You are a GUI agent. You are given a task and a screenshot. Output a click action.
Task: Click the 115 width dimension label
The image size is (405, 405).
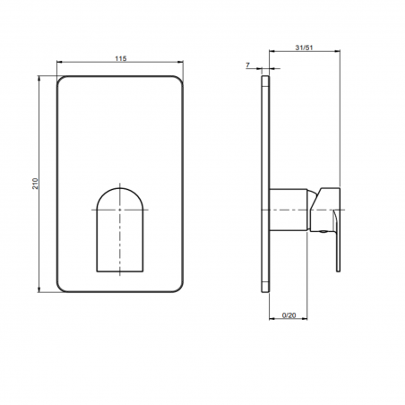pos(121,58)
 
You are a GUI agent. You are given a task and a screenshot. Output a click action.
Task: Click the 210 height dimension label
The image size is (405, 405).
pos(35,184)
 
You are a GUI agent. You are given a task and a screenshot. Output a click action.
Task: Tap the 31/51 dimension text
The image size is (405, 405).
pos(304,47)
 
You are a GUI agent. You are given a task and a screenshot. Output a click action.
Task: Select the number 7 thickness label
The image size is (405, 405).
pos(247,65)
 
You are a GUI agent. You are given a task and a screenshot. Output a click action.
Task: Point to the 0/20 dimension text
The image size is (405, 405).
pos(289,315)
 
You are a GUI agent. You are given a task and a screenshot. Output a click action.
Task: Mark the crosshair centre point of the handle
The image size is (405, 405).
pos(120,210)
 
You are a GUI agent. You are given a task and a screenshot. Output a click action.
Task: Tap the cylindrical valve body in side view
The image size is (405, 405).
pos(289,210)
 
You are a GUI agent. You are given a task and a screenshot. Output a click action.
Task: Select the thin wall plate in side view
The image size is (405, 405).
pos(265,184)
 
